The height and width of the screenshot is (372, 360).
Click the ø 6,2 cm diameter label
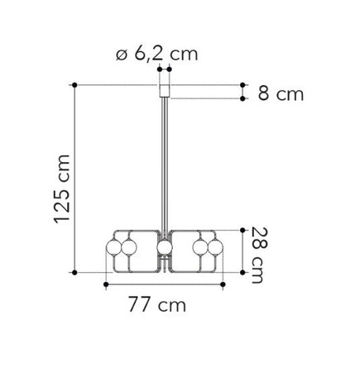[156, 54]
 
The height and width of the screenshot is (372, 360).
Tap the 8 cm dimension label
[281, 93]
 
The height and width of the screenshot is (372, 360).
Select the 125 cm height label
[62, 189]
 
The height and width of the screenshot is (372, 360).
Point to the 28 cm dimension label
[260, 255]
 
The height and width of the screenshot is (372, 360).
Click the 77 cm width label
[157, 304]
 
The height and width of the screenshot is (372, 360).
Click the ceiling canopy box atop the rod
[165, 91]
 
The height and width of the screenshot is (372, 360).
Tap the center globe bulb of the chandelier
[165, 247]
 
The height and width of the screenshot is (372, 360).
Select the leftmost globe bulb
[113, 247]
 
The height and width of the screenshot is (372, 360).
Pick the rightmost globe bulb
[215, 247]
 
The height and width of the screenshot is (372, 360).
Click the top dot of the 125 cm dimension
[74, 85]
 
